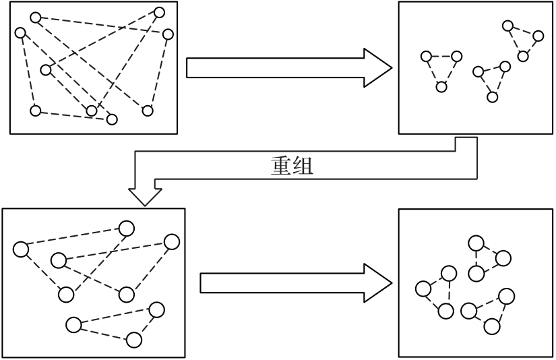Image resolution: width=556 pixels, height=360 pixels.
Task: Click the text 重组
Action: click(x=288, y=167)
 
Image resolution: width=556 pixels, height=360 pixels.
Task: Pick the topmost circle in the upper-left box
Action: click(x=160, y=12)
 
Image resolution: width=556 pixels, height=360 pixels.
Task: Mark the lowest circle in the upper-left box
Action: click(x=112, y=119)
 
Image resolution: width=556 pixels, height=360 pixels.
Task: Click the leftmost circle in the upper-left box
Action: click(x=20, y=32)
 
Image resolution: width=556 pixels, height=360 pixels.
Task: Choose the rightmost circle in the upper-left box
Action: click(x=168, y=34)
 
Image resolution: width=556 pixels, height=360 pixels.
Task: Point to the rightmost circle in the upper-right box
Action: click(x=538, y=36)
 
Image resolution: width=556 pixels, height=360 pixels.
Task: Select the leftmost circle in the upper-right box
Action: click(x=425, y=57)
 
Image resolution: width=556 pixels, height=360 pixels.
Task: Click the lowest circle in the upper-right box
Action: click(x=492, y=97)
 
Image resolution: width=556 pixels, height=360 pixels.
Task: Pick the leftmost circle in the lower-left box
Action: click(x=20, y=249)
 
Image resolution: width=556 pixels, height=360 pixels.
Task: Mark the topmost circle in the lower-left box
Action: click(x=126, y=227)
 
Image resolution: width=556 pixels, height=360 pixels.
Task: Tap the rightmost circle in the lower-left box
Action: click(x=172, y=241)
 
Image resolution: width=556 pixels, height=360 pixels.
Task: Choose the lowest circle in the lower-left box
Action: click(x=134, y=339)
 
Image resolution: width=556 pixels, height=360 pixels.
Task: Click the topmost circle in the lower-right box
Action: click(x=476, y=243)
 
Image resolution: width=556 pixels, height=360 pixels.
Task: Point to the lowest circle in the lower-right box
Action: click(x=492, y=326)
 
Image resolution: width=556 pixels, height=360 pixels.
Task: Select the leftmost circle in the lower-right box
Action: click(x=423, y=289)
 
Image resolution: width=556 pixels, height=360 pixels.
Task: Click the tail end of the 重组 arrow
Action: click(x=467, y=140)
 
